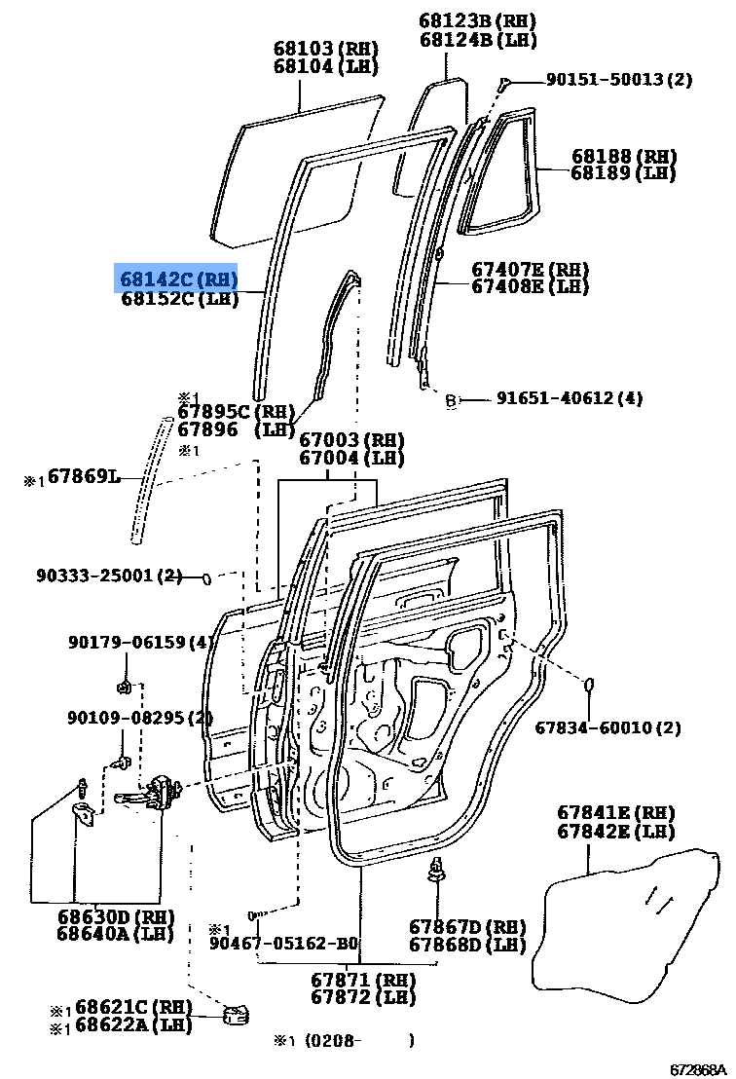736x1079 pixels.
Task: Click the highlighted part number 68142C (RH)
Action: click(x=177, y=279)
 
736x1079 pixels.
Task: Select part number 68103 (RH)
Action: click(x=325, y=49)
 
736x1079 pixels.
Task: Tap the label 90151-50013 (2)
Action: click(x=619, y=80)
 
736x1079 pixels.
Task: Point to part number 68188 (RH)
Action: click(x=624, y=156)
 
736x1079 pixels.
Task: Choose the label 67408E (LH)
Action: click(x=531, y=286)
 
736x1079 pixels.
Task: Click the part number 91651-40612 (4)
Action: click(x=570, y=397)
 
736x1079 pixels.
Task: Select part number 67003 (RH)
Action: click(x=351, y=440)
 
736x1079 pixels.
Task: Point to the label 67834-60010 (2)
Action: click(x=607, y=727)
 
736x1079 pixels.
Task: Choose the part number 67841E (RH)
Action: click(x=615, y=813)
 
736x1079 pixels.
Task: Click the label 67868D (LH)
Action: click(x=467, y=945)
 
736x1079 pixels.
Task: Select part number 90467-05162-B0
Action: click(x=283, y=944)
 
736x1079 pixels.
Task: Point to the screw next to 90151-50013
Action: click(x=503, y=84)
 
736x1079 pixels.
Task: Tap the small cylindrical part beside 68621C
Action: click(x=234, y=1016)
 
